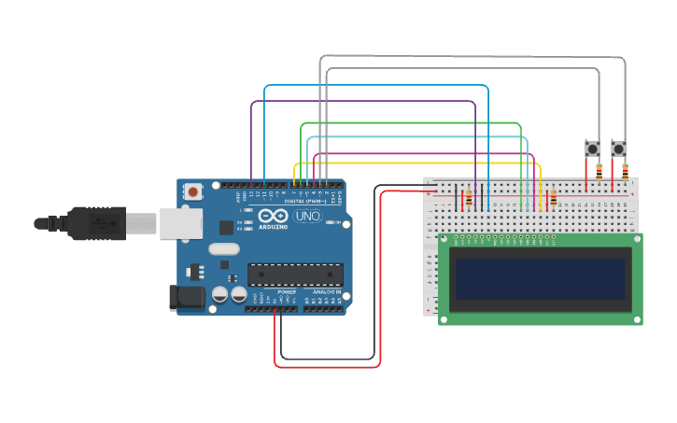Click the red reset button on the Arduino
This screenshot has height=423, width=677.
[x=193, y=191]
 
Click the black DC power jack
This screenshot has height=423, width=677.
[x=185, y=297]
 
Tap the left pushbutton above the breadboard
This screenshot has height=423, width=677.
[x=591, y=148]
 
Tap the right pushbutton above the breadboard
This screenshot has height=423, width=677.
[x=618, y=148]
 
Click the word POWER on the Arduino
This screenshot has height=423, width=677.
[x=286, y=292]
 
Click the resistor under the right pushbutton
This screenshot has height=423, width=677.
[x=624, y=170]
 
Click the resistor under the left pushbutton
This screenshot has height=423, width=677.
[x=598, y=170]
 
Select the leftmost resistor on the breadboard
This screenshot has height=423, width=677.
[x=468, y=198]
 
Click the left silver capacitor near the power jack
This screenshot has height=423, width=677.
[x=220, y=294]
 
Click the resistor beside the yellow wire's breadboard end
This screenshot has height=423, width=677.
[x=553, y=198]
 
